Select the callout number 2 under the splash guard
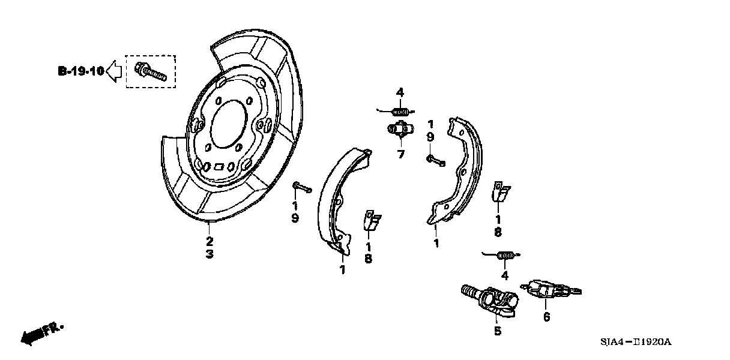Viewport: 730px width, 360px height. click(209, 242)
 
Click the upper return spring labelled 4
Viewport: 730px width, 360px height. click(400, 110)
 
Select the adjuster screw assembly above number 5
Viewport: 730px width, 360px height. click(489, 298)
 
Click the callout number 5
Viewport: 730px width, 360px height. click(498, 331)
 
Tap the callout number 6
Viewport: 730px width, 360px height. click(546, 317)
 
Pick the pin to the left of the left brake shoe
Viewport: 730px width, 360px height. click(301, 188)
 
